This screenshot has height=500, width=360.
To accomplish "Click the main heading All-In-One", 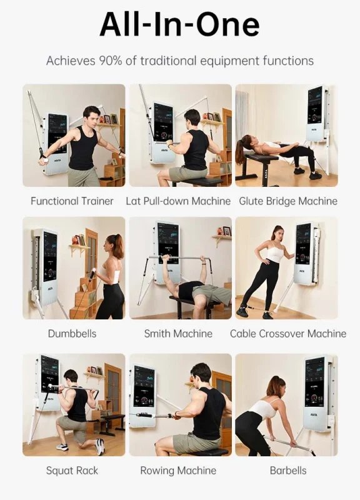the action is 179,24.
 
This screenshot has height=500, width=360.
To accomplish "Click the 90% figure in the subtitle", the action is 111,61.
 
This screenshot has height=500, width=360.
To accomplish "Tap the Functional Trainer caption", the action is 72,201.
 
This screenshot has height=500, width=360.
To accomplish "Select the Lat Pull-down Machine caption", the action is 178,201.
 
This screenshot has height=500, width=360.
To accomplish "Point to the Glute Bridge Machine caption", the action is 288,201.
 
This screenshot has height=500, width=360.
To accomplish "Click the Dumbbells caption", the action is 72,334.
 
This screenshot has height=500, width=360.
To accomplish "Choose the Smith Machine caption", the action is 178,334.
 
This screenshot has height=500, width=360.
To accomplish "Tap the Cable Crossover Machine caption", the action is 288,334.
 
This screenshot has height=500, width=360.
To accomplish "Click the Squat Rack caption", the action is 72,471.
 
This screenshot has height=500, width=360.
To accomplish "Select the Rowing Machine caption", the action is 178,471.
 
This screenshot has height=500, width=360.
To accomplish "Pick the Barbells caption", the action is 288,471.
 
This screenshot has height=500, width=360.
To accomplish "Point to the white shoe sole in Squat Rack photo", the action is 101,447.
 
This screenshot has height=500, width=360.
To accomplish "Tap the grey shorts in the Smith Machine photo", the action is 211,293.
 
